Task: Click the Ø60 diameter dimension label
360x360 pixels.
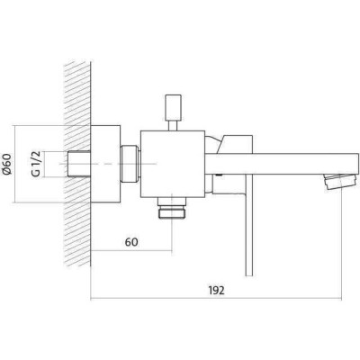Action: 6,164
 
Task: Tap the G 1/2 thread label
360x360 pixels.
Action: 36,164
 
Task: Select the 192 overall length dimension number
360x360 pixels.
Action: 216,290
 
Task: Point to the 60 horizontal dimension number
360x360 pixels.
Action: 131,242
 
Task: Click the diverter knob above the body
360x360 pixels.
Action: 174,106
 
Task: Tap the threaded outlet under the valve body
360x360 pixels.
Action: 172,209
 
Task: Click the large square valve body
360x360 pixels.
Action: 173,164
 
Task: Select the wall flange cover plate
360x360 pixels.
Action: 105,164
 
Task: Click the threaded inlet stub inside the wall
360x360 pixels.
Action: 79,164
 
